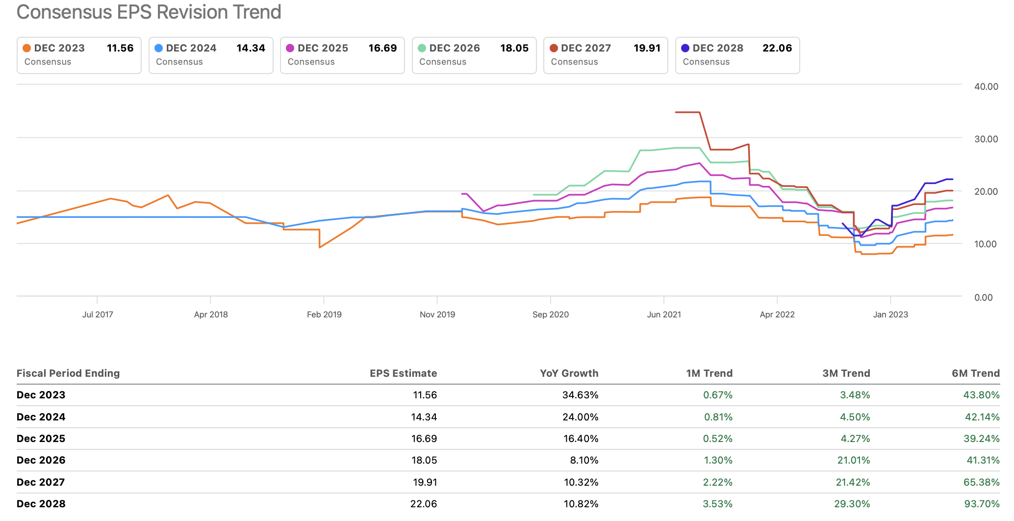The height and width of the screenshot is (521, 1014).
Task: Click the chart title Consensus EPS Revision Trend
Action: pyautogui.click(x=149, y=12)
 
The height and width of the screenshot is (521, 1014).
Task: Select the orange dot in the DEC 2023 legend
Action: pyautogui.click(x=27, y=48)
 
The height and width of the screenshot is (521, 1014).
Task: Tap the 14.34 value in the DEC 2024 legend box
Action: pyautogui.click(x=251, y=48)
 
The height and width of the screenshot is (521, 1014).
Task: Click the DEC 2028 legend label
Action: pyautogui.click(x=717, y=48)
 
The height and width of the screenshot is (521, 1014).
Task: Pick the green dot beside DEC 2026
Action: pyautogui.click(x=422, y=48)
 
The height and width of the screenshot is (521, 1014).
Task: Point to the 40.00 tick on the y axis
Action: pyautogui.click(x=986, y=86)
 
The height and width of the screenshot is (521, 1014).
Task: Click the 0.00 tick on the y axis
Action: pyautogui.click(x=983, y=297)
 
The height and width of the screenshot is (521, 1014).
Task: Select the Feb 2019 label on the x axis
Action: pyautogui.click(x=324, y=314)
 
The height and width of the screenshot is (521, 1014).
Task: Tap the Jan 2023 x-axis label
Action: pyautogui.click(x=890, y=314)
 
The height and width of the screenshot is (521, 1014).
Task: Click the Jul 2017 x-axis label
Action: pyautogui.click(x=98, y=314)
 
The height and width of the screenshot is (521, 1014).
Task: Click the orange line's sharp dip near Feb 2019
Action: pyautogui.click(x=320, y=247)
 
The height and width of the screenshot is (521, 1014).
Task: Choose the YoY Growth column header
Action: pyautogui.click(x=569, y=373)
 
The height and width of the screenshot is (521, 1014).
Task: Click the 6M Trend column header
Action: pyautogui.click(x=975, y=373)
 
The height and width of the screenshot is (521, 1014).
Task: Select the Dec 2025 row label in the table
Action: pyautogui.click(x=41, y=439)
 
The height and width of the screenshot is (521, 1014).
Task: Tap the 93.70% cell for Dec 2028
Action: pyautogui.click(x=982, y=504)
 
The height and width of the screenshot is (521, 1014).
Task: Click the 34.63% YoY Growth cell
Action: pyautogui.click(x=580, y=395)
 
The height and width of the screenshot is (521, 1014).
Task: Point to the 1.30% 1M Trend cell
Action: pyautogui.click(x=718, y=460)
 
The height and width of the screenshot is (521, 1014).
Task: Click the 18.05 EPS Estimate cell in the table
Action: pyautogui.click(x=424, y=460)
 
